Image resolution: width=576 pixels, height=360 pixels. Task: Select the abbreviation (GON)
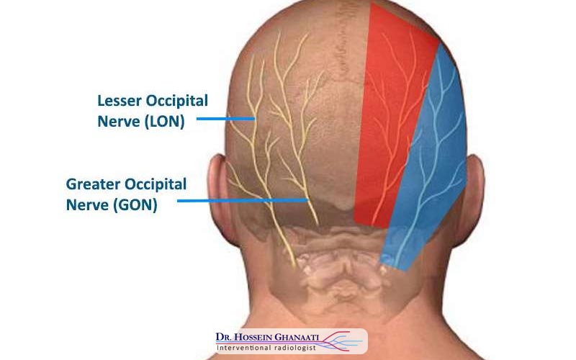pos(135,204)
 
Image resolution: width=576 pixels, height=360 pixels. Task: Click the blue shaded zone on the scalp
pos(432,180)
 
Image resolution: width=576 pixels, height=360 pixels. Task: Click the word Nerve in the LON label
pos(119,122)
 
